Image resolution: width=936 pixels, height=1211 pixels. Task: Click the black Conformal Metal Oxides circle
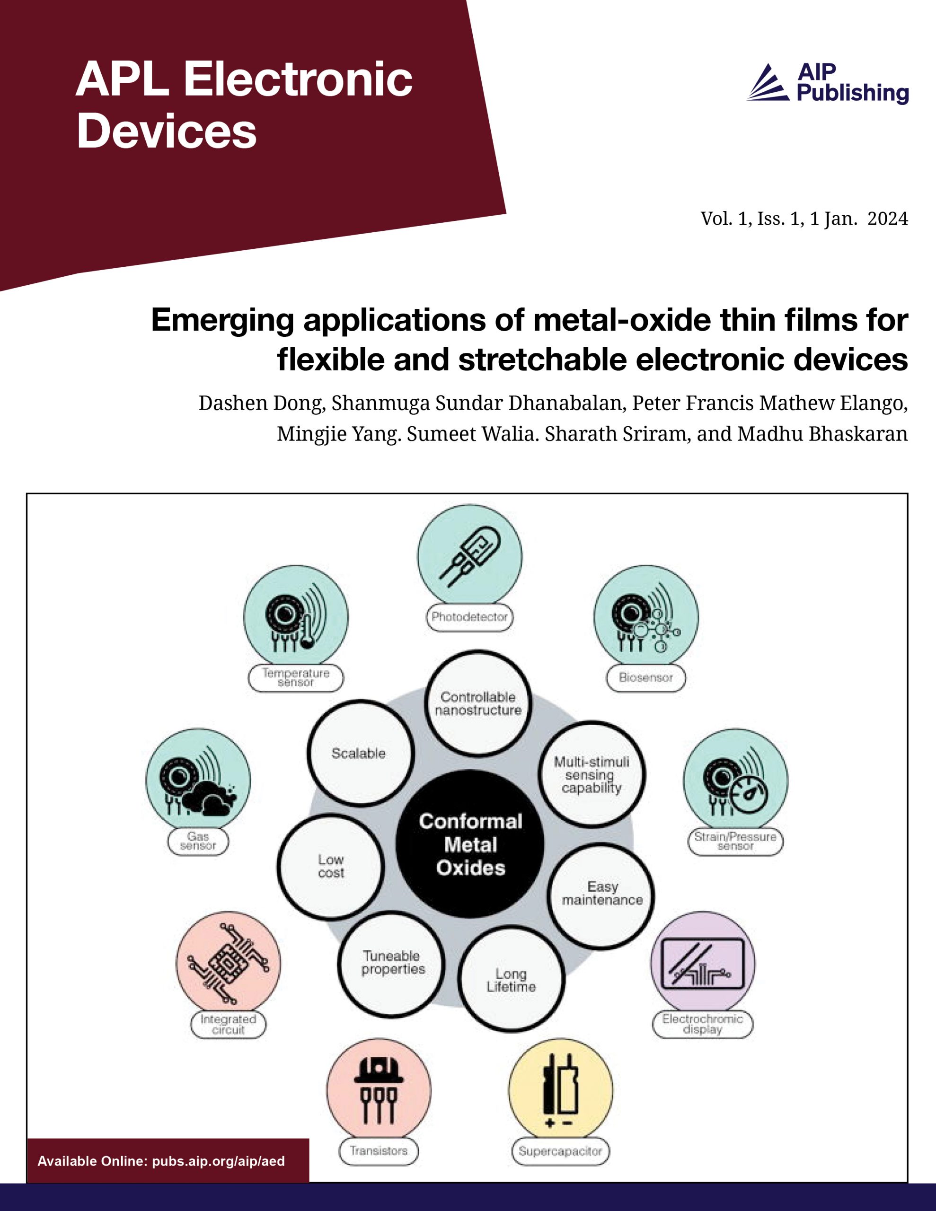[x=470, y=844]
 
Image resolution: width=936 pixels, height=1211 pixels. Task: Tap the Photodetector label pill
[x=469, y=616]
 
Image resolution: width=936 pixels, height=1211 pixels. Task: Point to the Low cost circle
[x=331, y=866]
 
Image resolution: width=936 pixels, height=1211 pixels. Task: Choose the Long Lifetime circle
[x=512, y=980]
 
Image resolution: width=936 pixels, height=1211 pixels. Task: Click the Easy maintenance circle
[x=601, y=894]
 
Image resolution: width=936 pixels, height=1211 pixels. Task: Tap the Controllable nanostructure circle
[x=478, y=703]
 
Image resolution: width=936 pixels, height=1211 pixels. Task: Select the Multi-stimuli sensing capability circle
[x=592, y=775]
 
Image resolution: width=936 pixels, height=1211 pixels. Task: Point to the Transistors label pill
[x=379, y=1150]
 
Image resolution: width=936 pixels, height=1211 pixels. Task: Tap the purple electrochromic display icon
[x=702, y=963]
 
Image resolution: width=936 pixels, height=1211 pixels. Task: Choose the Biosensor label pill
[x=646, y=677]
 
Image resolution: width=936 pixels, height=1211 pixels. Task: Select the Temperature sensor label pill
[x=296, y=677]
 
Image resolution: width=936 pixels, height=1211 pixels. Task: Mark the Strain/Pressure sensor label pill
[x=735, y=841]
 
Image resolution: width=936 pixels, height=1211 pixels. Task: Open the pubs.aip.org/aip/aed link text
[x=218, y=1161]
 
